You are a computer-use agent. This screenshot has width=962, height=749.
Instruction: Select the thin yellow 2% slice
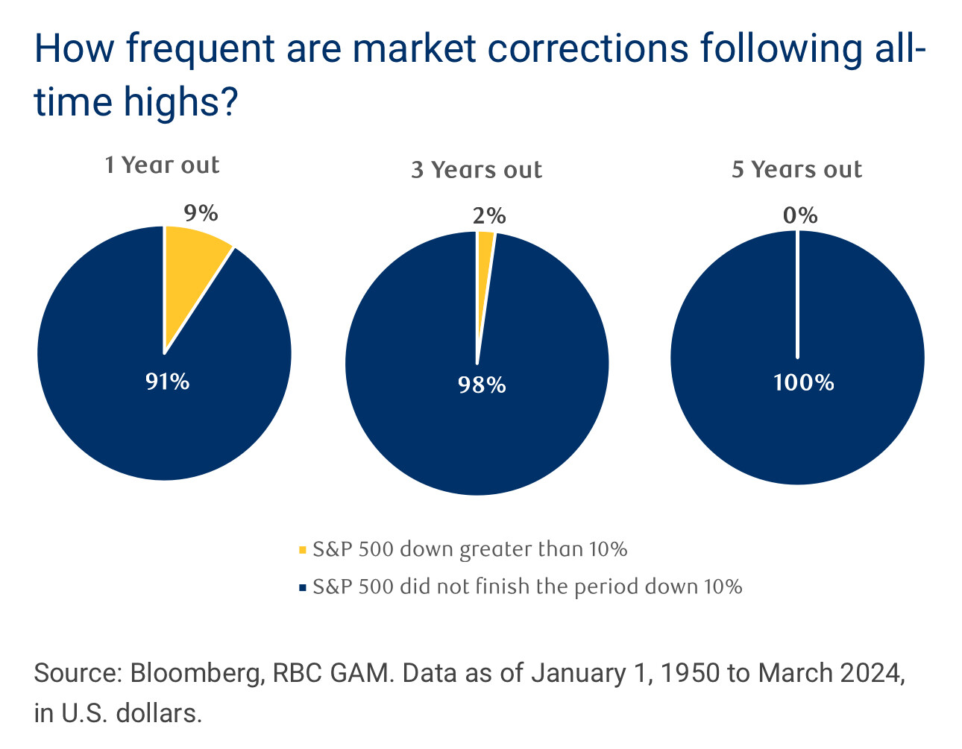(x=484, y=268)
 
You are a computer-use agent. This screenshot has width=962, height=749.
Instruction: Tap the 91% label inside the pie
(x=168, y=382)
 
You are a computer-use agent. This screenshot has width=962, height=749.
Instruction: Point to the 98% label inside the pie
(x=482, y=385)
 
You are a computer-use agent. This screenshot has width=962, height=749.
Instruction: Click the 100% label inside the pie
(x=803, y=382)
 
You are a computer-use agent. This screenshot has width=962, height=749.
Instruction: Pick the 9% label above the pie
(x=201, y=213)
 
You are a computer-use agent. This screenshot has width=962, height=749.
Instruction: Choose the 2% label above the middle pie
(x=489, y=216)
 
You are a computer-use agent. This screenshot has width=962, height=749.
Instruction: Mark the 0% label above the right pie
(x=800, y=216)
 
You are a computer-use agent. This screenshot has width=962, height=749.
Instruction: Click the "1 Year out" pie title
(x=163, y=165)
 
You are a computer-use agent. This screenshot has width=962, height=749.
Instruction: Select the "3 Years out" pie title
(x=477, y=170)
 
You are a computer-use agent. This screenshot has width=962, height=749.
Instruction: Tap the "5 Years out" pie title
(x=796, y=170)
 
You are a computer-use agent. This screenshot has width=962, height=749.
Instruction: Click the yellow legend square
(x=302, y=551)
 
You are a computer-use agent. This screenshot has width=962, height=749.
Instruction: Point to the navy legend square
(x=302, y=588)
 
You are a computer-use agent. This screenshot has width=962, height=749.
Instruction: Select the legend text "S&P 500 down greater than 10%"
(x=470, y=550)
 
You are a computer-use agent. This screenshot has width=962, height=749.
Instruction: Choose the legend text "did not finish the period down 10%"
(x=570, y=587)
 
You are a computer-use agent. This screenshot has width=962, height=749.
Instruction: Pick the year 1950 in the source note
(x=690, y=674)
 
